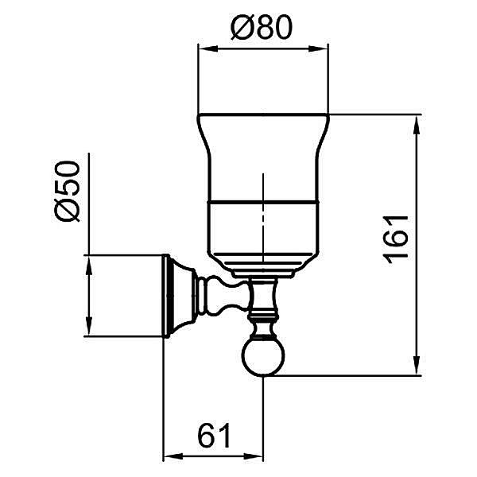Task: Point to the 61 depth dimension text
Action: (x=214, y=435)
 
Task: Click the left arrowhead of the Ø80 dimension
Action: (x=208, y=49)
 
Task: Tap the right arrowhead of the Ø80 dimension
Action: (x=319, y=49)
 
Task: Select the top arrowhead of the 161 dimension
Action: (x=417, y=125)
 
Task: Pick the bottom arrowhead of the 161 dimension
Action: (x=417, y=366)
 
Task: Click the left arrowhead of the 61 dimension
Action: (x=173, y=456)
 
